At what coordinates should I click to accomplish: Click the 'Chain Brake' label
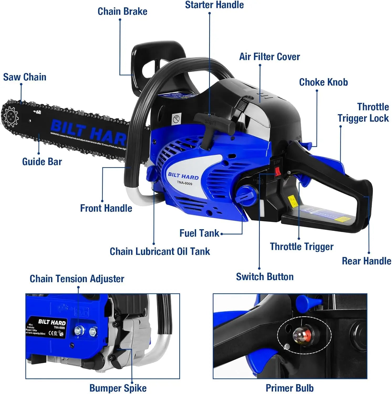point(122,12)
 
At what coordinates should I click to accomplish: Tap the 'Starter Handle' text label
point(214,5)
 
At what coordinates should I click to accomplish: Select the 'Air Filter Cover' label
point(269,57)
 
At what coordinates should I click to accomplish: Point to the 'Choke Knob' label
point(323,82)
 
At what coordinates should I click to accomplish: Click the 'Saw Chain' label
point(25,77)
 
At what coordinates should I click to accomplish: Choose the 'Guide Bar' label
point(42,162)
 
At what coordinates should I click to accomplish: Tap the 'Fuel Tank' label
point(199,233)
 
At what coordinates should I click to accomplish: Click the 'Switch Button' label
point(265,277)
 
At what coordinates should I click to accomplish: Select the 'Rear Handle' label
point(367,261)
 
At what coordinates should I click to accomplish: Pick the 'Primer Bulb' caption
point(290,388)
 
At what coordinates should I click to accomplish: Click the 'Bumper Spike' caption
point(118,388)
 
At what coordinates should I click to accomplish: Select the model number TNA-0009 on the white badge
point(184,183)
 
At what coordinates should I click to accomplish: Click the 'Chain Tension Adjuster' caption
point(77,279)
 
